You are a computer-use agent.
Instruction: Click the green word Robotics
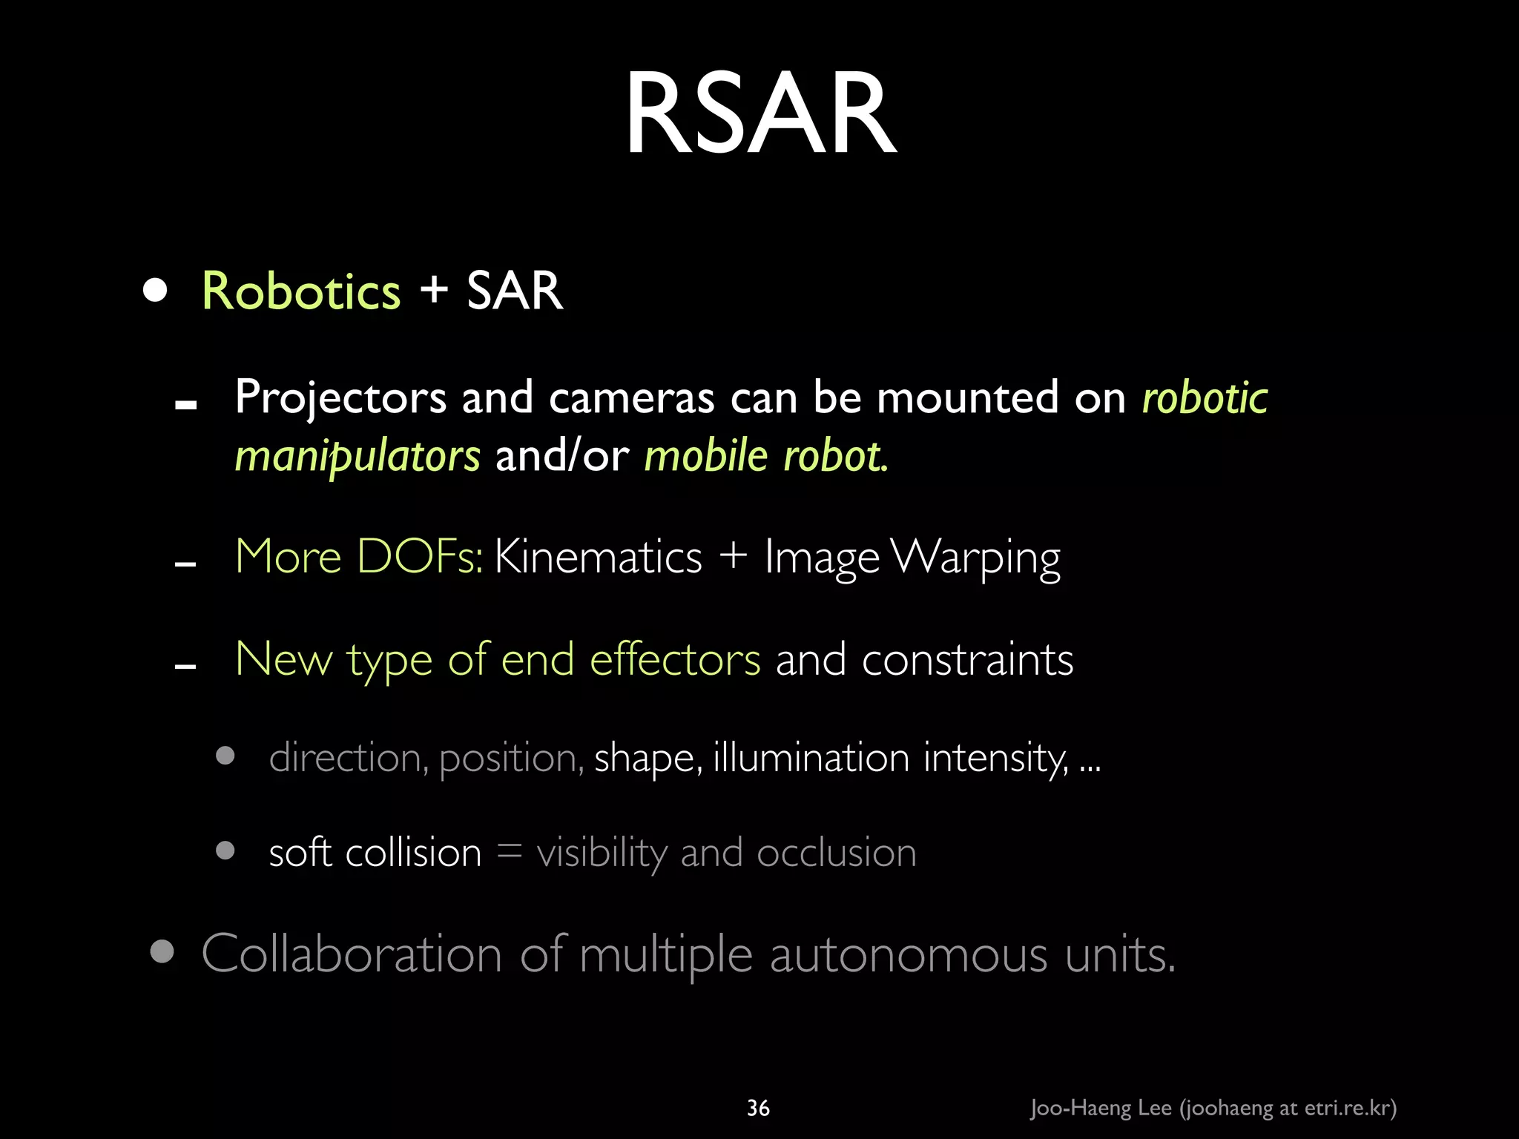(301, 291)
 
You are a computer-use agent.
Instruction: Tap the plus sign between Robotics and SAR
(435, 289)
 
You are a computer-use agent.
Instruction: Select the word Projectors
(340, 397)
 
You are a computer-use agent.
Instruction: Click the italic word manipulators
(357, 455)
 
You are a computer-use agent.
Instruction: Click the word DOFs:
(420, 556)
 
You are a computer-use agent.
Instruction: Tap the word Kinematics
(598, 556)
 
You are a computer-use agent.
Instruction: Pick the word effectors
(675, 659)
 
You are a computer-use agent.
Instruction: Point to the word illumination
(811, 758)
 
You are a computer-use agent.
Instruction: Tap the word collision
(413, 853)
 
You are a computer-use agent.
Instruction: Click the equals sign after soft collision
(510, 851)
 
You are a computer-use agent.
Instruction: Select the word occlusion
(836, 853)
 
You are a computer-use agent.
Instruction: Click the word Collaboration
(352, 954)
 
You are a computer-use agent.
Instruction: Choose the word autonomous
(909, 955)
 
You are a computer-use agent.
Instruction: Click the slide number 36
(758, 1108)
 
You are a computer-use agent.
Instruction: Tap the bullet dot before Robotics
(155, 290)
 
